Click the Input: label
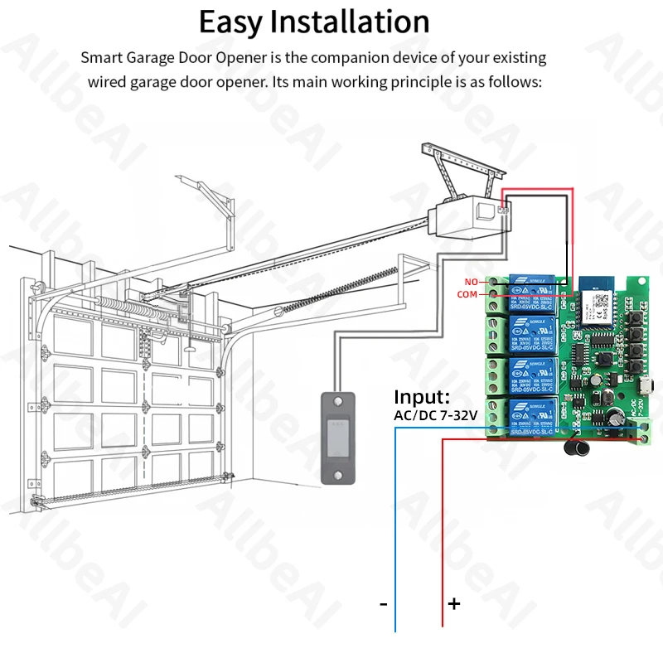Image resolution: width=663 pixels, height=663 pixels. pyautogui.click(x=422, y=397)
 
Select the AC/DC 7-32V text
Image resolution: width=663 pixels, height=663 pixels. pyautogui.click(x=436, y=415)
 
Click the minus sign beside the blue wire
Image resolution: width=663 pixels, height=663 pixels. pyautogui.click(x=383, y=604)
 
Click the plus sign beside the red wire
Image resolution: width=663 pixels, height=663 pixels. pyautogui.click(x=454, y=604)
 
